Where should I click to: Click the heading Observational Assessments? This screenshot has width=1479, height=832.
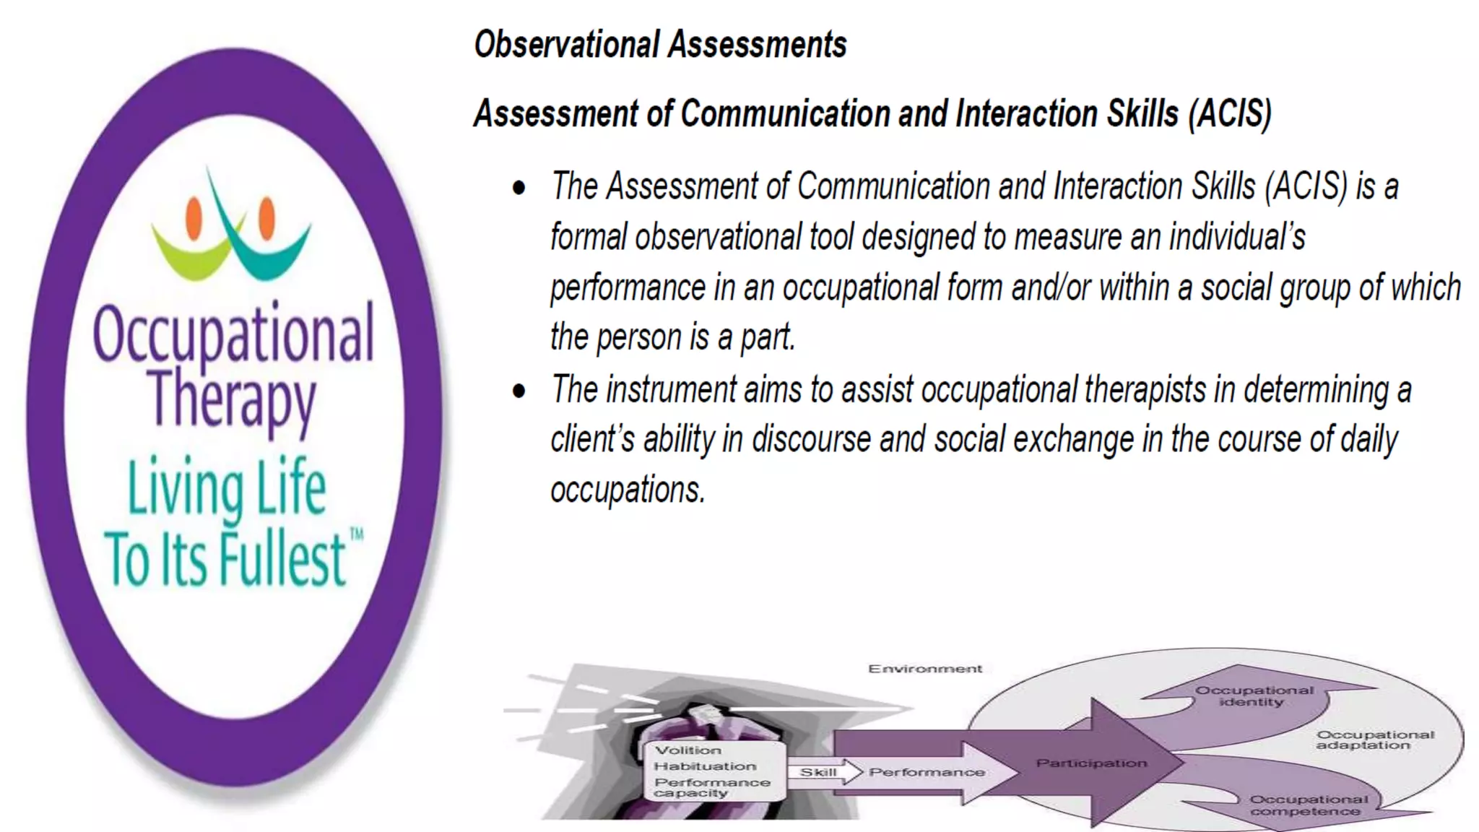[659, 45]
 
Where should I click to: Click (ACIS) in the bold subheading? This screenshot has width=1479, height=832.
[1229, 114]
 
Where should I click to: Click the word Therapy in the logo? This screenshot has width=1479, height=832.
[233, 401]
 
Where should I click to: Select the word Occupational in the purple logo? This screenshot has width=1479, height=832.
[233, 334]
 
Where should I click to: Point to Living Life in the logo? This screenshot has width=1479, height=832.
[227, 487]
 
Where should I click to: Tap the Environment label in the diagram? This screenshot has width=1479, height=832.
[924, 669]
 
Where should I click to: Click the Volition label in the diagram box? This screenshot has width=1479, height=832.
[688, 750]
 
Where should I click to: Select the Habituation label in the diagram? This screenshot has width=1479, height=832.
[705, 766]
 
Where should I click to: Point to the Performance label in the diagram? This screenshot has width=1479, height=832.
[927, 772]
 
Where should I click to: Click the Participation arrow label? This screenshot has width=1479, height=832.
[1091, 763]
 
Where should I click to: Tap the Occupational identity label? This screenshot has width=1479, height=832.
[1254, 695]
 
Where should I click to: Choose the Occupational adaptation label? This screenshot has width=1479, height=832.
[1374, 740]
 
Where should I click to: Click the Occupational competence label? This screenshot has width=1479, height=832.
[1308, 805]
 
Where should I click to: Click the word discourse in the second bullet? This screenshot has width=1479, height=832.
[811, 440]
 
